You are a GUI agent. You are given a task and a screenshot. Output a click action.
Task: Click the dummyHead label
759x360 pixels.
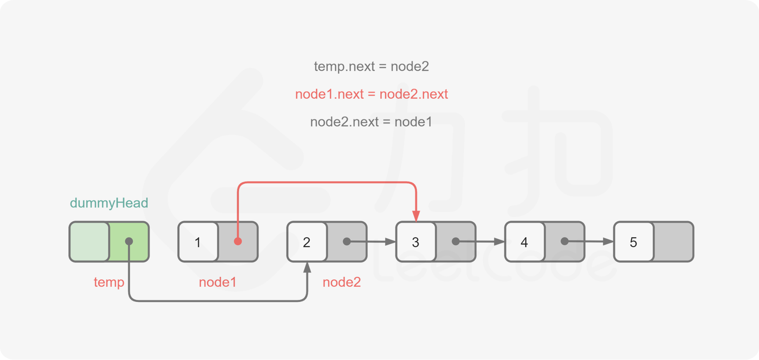pyautogui.click(x=109, y=203)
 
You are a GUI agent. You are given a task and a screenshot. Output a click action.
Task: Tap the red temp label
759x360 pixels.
pyautogui.click(x=109, y=282)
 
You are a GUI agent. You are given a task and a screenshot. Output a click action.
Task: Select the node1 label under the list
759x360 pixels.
pyautogui.click(x=217, y=282)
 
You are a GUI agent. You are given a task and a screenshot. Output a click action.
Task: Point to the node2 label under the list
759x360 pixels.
pyautogui.click(x=341, y=282)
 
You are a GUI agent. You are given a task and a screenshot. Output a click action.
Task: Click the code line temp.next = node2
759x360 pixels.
pyautogui.click(x=371, y=66)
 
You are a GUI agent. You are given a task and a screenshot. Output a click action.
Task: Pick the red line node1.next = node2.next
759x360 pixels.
pyautogui.click(x=371, y=94)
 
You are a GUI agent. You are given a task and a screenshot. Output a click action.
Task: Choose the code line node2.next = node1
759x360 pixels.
pyautogui.click(x=371, y=122)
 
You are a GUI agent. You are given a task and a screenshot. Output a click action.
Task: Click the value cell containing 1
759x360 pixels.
pyautogui.click(x=198, y=242)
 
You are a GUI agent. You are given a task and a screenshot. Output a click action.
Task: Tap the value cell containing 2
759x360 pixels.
pyautogui.click(x=307, y=242)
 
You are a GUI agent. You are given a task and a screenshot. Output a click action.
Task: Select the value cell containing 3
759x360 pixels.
pyautogui.click(x=416, y=242)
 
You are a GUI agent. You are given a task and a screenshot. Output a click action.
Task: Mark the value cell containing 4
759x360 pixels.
pyautogui.click(x=524, y=242)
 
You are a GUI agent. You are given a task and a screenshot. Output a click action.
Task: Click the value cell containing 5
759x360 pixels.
pyautogui.click(x=633, y=242)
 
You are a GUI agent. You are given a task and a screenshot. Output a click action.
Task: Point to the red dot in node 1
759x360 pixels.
pyautogui.click(x=238, y=241)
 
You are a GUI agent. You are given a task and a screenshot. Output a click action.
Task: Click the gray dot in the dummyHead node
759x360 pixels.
pyautogui.click(x=129, y=241)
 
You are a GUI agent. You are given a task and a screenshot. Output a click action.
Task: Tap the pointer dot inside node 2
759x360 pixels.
pyautogui.click(x=346, y=241)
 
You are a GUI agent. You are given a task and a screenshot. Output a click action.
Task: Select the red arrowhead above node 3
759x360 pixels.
pyautogui.click(x=416, y=215)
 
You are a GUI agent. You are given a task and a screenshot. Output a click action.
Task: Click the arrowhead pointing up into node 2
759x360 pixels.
pyautogui.click(x=307, y=267)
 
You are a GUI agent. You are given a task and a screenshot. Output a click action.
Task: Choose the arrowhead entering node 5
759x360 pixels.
pyautogui.click(x=608, y=241)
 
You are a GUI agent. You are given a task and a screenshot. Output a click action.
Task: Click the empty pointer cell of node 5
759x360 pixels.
pyautogui.click(x=673, y=242)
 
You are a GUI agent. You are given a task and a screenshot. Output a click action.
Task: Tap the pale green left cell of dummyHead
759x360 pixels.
pyautogui.click(x=90, y=242)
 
